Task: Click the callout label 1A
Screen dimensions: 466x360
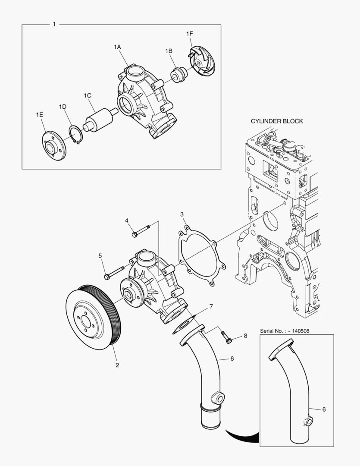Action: pyautogui.click(x=117, y=46)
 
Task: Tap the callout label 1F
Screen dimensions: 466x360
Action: pyautogui.click(x=190, y=34)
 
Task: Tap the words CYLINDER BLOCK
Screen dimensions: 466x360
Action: pyautogui.click(x=277, y=121)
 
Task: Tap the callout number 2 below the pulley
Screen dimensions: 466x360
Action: pyautogui.click(x=117, y=365)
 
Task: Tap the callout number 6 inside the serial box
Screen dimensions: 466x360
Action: pyautogui.click(x=324, y=409)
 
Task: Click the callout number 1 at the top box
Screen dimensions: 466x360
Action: pyautogui.click(x=54, y=24)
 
